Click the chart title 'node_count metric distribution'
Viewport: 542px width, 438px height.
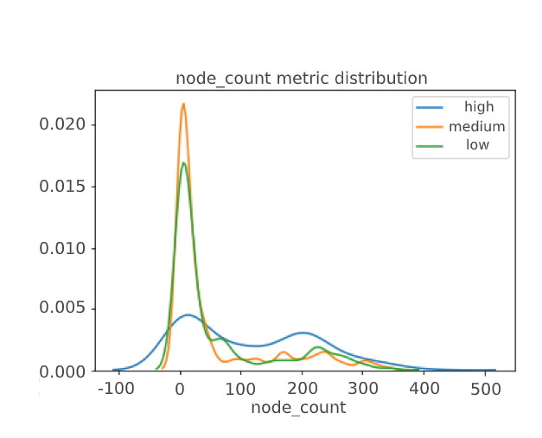[x=301, y=79]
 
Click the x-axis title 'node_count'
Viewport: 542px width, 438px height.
[x=298, y=408]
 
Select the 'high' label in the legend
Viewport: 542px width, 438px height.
[x=479, y=107]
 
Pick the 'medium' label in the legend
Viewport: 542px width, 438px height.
[x=476, y=126]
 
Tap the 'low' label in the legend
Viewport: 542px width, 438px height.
[x=477, y=145]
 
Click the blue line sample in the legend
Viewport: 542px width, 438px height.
[x=430, y=107]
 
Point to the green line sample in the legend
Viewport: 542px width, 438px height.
[x=430, y=145]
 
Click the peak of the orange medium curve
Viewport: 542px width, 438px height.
[x=183, y=104]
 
